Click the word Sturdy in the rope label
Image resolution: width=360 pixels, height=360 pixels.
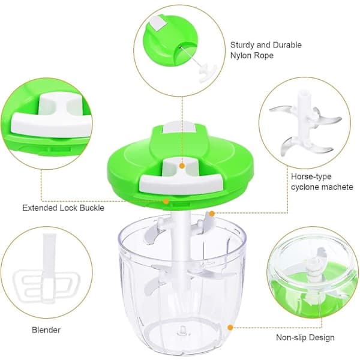coord(242,45)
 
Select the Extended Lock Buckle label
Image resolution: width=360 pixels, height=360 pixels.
coord(64,208)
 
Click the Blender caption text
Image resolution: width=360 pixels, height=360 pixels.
coord(46,330)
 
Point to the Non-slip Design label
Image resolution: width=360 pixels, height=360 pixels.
coord(305,337)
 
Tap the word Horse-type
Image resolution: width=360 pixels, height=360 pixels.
coord(311,176)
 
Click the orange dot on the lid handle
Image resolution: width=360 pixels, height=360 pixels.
coord(182,166)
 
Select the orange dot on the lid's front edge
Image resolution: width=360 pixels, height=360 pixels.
coord(166,202)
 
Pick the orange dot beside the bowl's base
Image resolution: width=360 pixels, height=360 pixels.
coord(230,328)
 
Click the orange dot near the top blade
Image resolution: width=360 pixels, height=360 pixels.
coord(212,214)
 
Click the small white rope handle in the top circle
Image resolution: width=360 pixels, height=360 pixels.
coord(208,73)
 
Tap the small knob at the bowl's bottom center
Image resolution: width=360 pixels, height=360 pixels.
coord(183,331)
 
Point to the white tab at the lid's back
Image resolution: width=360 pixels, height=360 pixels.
coord(179,127)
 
